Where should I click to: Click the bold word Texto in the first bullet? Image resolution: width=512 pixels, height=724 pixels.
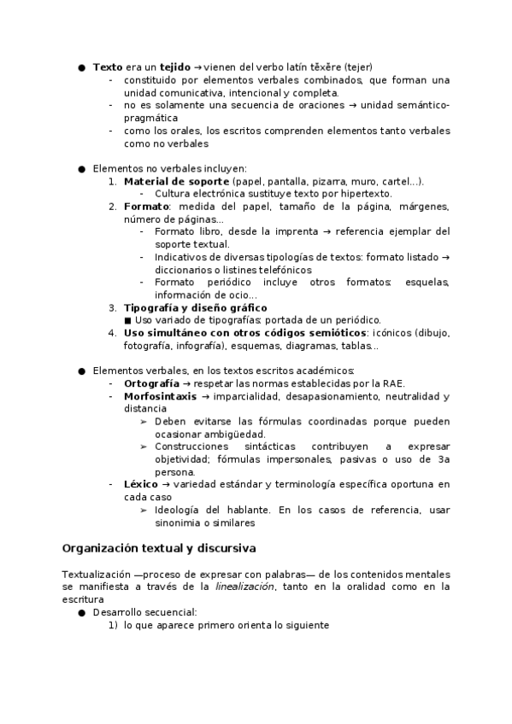coord(108,67)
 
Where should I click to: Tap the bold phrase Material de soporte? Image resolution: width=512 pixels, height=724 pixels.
coord(176,181)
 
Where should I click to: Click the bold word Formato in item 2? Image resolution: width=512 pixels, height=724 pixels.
coord(145,207)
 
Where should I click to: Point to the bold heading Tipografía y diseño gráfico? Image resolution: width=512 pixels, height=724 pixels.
coord(195,307)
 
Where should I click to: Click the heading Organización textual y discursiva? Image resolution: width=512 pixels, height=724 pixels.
coord(159,547)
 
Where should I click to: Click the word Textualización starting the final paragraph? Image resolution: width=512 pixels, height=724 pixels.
coord(96,574)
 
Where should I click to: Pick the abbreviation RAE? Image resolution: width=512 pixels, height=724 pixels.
coord(394,383)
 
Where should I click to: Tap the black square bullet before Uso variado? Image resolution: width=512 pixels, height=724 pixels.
coord(127,320)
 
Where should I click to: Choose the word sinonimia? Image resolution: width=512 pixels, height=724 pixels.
coord(180,523)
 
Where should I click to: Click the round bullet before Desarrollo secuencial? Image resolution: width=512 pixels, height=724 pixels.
coord(82,612)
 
